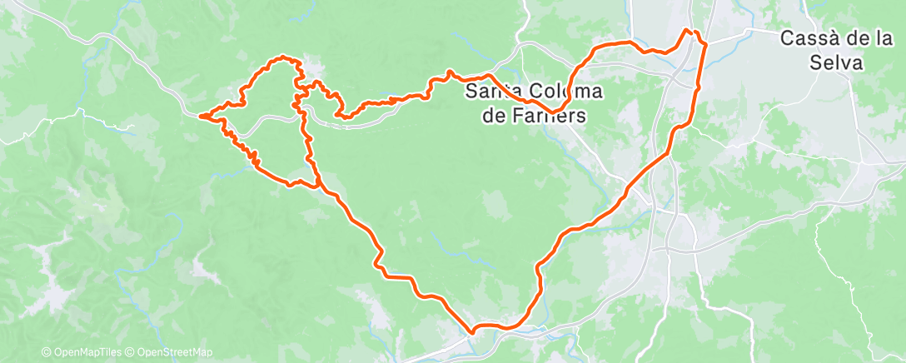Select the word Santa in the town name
pyautogui.click(x=489, y=90)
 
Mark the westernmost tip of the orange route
pyautogui.click(x=201, y=116)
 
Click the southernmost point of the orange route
pyautogui.click(x=472, y=332)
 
